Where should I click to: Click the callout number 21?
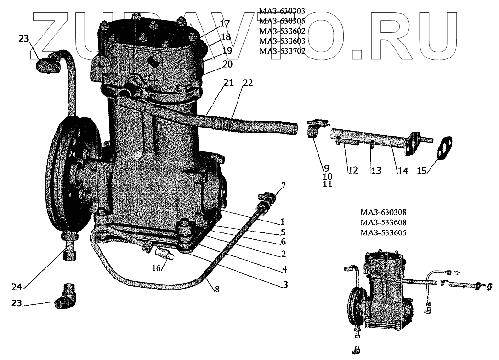pos(228,82)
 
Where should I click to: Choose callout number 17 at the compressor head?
pos(225,23)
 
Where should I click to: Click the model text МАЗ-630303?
pos(282,11)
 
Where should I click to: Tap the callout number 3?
pos(285,285)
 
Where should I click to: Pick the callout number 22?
pos(247,82)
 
